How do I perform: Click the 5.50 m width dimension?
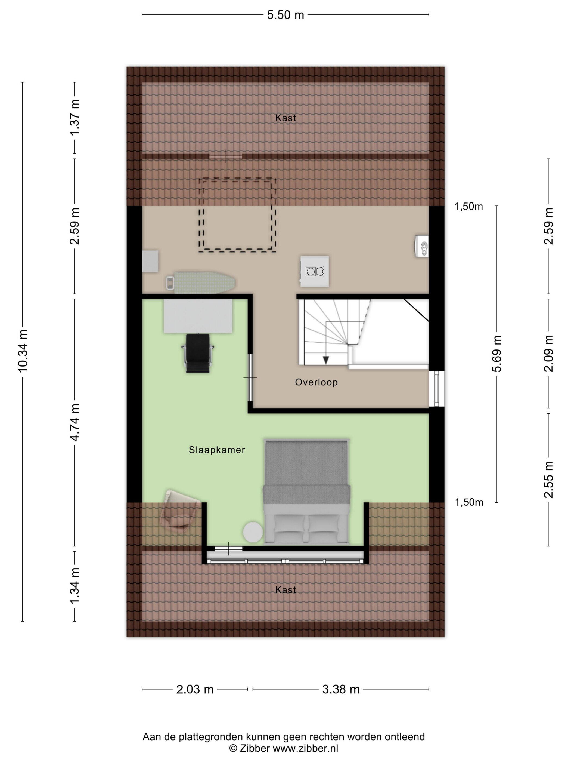point(285,15)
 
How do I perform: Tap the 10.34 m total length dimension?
point(23,351)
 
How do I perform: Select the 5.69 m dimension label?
point(497,354)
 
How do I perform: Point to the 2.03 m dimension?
point(195,689)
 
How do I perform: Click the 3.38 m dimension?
point(341,689)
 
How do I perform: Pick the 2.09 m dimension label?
point(548,354)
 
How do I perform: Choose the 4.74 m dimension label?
point(75,422)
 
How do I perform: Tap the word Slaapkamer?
point(217,450)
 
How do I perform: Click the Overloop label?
point(316,382)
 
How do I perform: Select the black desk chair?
point(198,353)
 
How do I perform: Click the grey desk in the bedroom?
point(198,316)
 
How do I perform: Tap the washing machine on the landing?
point(314,271)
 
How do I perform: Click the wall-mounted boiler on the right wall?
point(422,245)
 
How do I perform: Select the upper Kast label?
point(285,118)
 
